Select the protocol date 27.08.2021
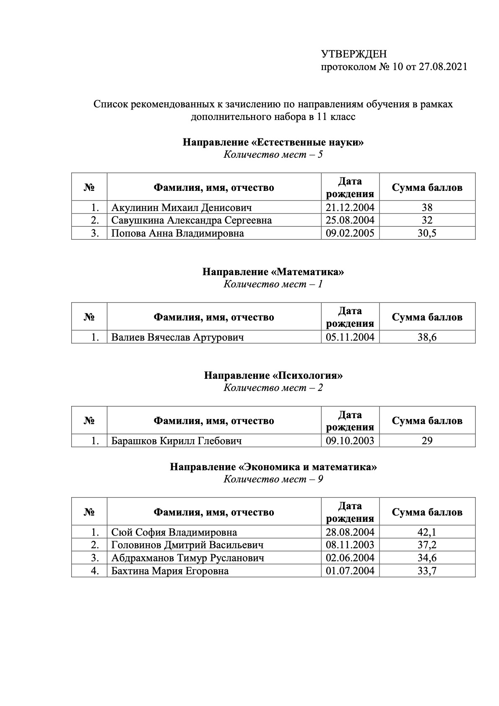pyautogui.click(x=443, y=67)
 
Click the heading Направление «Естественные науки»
pyautogui.click(x=273, y=142)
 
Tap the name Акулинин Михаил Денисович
pyautogui.click(x=182, y=207)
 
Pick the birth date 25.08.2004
pyautogui.click(x=350, y=220)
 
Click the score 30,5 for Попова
pyautogui.click(x=427, y=233)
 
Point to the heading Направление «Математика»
pyautogui.click(x=273, y=272)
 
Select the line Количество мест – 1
pyautogui.click(x=273, y=284)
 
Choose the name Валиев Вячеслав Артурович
pyautogui.click(x=177, y=337)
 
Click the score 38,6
pyautogui.click(x=427, y=337)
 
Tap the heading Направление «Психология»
pyautogui.click(x=273, y=375)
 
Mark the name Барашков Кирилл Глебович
pyautogui.click(x=176, y=440)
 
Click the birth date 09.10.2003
pyautogui.click(x=350, y=440)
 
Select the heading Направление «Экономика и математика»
pyautogui.click(x=273, y=467)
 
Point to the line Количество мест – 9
pyautogui.click(x=273, y=479)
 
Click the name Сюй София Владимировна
pyautogui.click(x=174, y=532)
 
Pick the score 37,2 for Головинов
pyautogui.click(x=427, y=545)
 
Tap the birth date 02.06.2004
pyautogui.click(x=350, y=558)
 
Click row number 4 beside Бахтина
pyautogui.click(x=95, y=571)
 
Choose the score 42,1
pyautogui.click(x=427, y=532)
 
